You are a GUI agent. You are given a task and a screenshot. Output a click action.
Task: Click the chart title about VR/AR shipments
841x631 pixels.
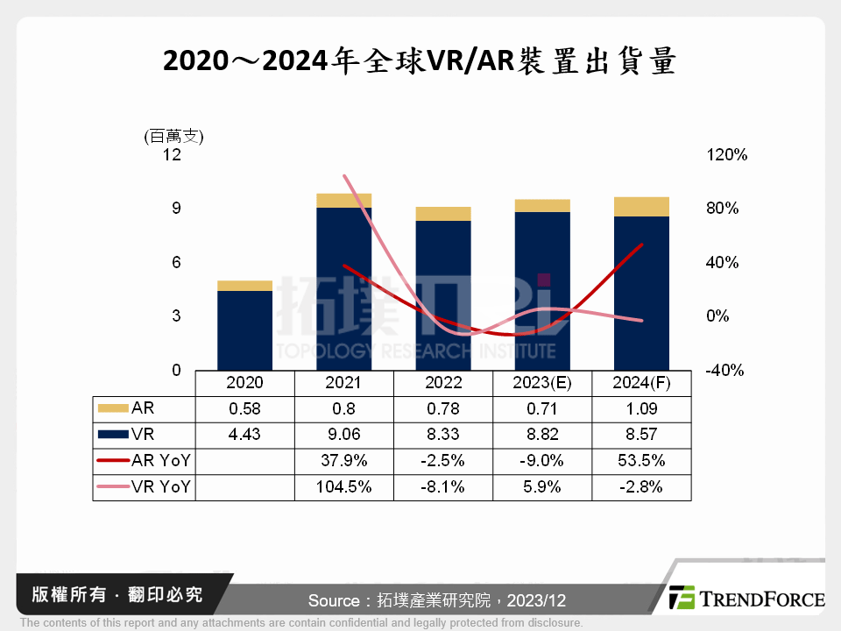point(420,61)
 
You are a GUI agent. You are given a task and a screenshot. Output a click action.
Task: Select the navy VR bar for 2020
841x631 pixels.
point(244,330)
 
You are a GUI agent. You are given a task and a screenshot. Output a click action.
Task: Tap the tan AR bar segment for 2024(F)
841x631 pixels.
point(641,207)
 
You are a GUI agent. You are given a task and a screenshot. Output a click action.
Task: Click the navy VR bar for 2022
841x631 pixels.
point(443,294)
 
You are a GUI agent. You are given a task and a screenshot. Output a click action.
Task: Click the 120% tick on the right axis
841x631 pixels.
point(726,155)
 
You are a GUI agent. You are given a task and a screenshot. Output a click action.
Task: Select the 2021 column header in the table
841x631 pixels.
point(343,383)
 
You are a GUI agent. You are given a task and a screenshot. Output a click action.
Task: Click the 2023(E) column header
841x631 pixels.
point(542,383)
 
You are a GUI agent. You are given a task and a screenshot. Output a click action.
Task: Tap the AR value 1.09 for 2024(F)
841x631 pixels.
point(641,408)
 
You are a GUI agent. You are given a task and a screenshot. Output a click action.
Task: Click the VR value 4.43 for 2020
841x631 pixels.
point(244,435)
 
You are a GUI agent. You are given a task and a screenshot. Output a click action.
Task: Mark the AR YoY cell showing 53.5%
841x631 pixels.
point(641,461)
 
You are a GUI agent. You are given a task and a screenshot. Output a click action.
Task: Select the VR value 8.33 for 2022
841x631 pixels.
point(443,435)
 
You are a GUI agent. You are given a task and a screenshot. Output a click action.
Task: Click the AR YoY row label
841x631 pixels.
point(158,461)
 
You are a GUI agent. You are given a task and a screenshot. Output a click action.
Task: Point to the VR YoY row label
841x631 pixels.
point(158,487)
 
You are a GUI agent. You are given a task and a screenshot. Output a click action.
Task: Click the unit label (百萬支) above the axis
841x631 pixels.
point(173,136)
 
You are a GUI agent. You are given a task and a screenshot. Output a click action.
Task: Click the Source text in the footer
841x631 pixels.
point(437,600)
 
